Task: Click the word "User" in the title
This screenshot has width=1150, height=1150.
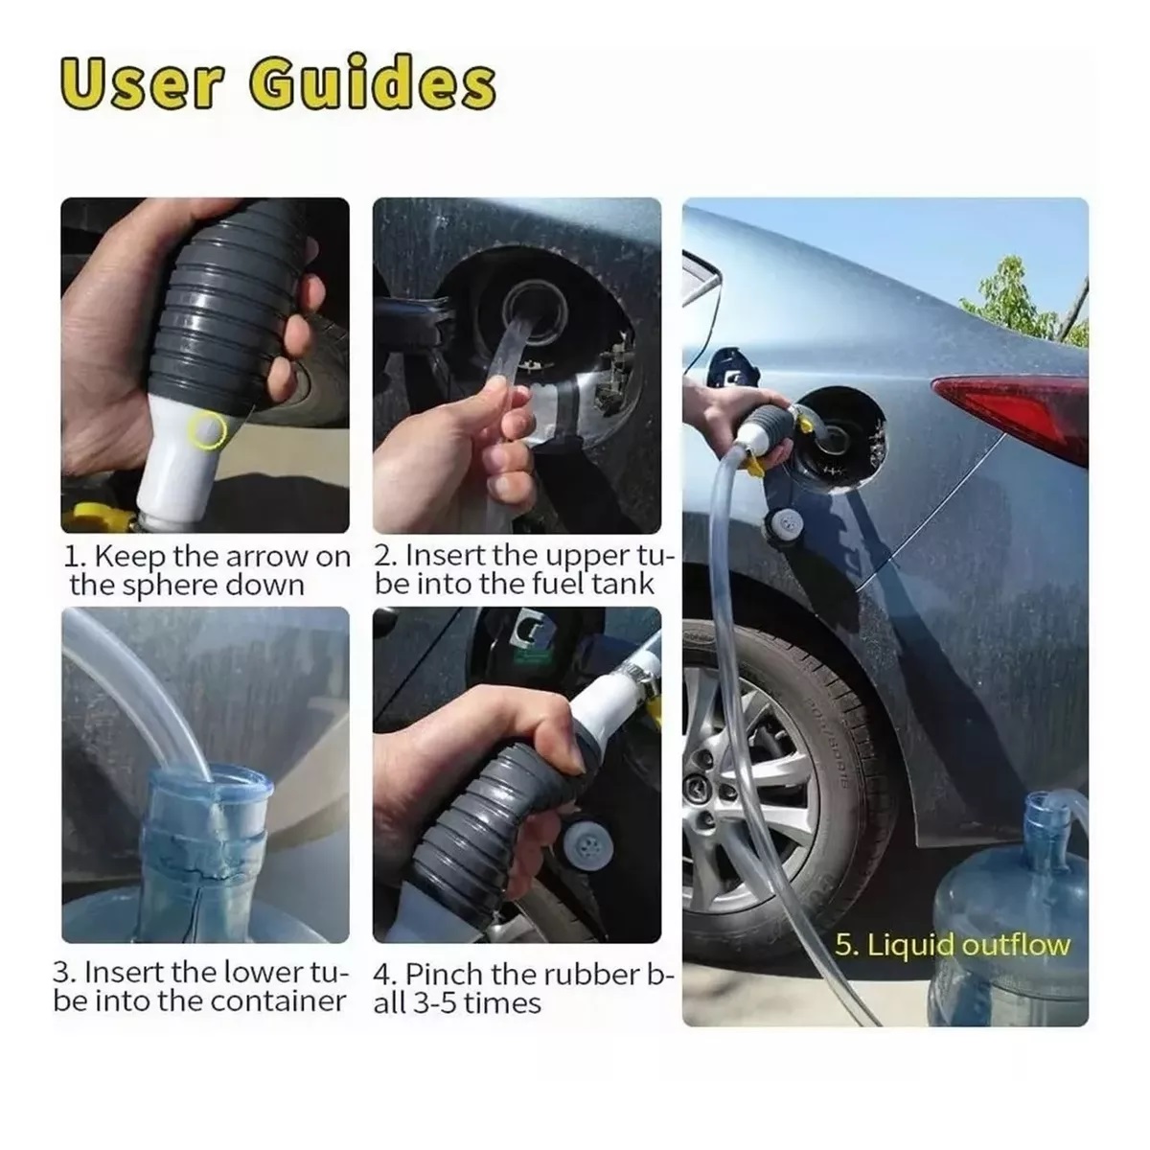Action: (x=144, y=86)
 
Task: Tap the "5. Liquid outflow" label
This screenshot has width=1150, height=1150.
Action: (x=952, y=945)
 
